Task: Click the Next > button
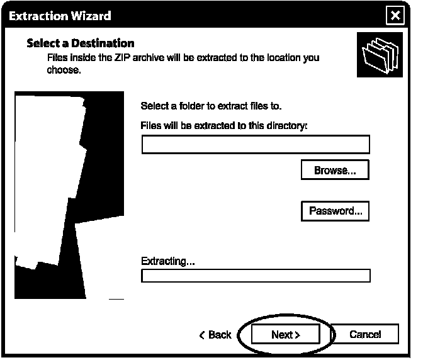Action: [285, 335]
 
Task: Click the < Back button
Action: [215, 335]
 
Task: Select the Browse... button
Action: [335, 171]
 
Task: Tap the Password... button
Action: [335, 211]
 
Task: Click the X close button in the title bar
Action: [395, 16]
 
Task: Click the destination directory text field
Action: [256, 145]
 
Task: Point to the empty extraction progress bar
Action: [256, 276]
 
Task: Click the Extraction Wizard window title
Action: [60, 16]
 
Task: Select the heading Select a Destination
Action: [81, 43]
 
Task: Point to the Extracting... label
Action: [168, 261]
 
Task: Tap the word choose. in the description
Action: [64, 70]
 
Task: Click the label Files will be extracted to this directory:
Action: [224, 125]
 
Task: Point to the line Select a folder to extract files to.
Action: [211, 106]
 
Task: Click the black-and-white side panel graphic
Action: [69, 195]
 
